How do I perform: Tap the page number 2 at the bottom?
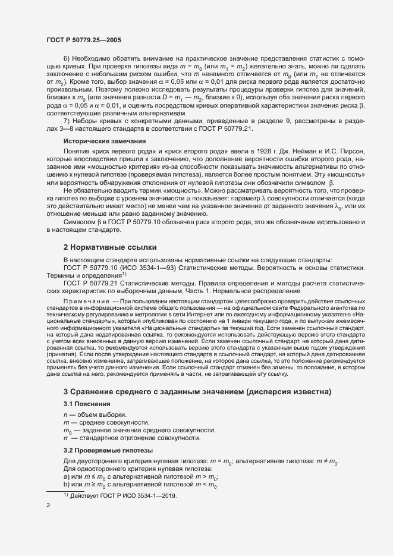(x=48, y=505)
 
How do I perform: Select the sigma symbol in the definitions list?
(x=65, y=438)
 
